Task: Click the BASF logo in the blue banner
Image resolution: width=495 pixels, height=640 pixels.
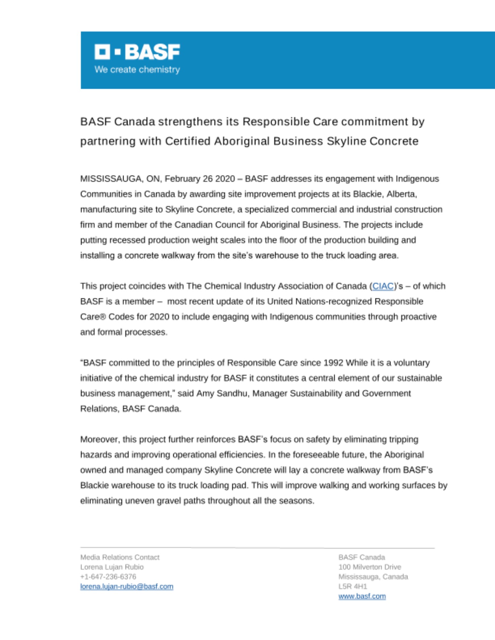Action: tap(137, 52)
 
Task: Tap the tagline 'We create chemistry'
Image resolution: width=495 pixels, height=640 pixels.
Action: tap(137, 69)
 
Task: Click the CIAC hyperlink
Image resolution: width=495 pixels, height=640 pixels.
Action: tap(383, 286)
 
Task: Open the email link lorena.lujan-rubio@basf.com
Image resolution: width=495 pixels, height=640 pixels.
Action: tap(127, 587)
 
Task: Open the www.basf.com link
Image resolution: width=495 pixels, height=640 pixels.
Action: tap(362, 596)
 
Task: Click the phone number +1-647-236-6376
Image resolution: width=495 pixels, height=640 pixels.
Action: tap(108, 577)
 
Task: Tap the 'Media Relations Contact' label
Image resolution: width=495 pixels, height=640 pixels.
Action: tap(120, 557)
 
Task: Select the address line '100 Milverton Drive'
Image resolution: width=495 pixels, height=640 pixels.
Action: tap(370, 567)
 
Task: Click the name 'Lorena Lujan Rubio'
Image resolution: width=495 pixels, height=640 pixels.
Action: tap(112, 567)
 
